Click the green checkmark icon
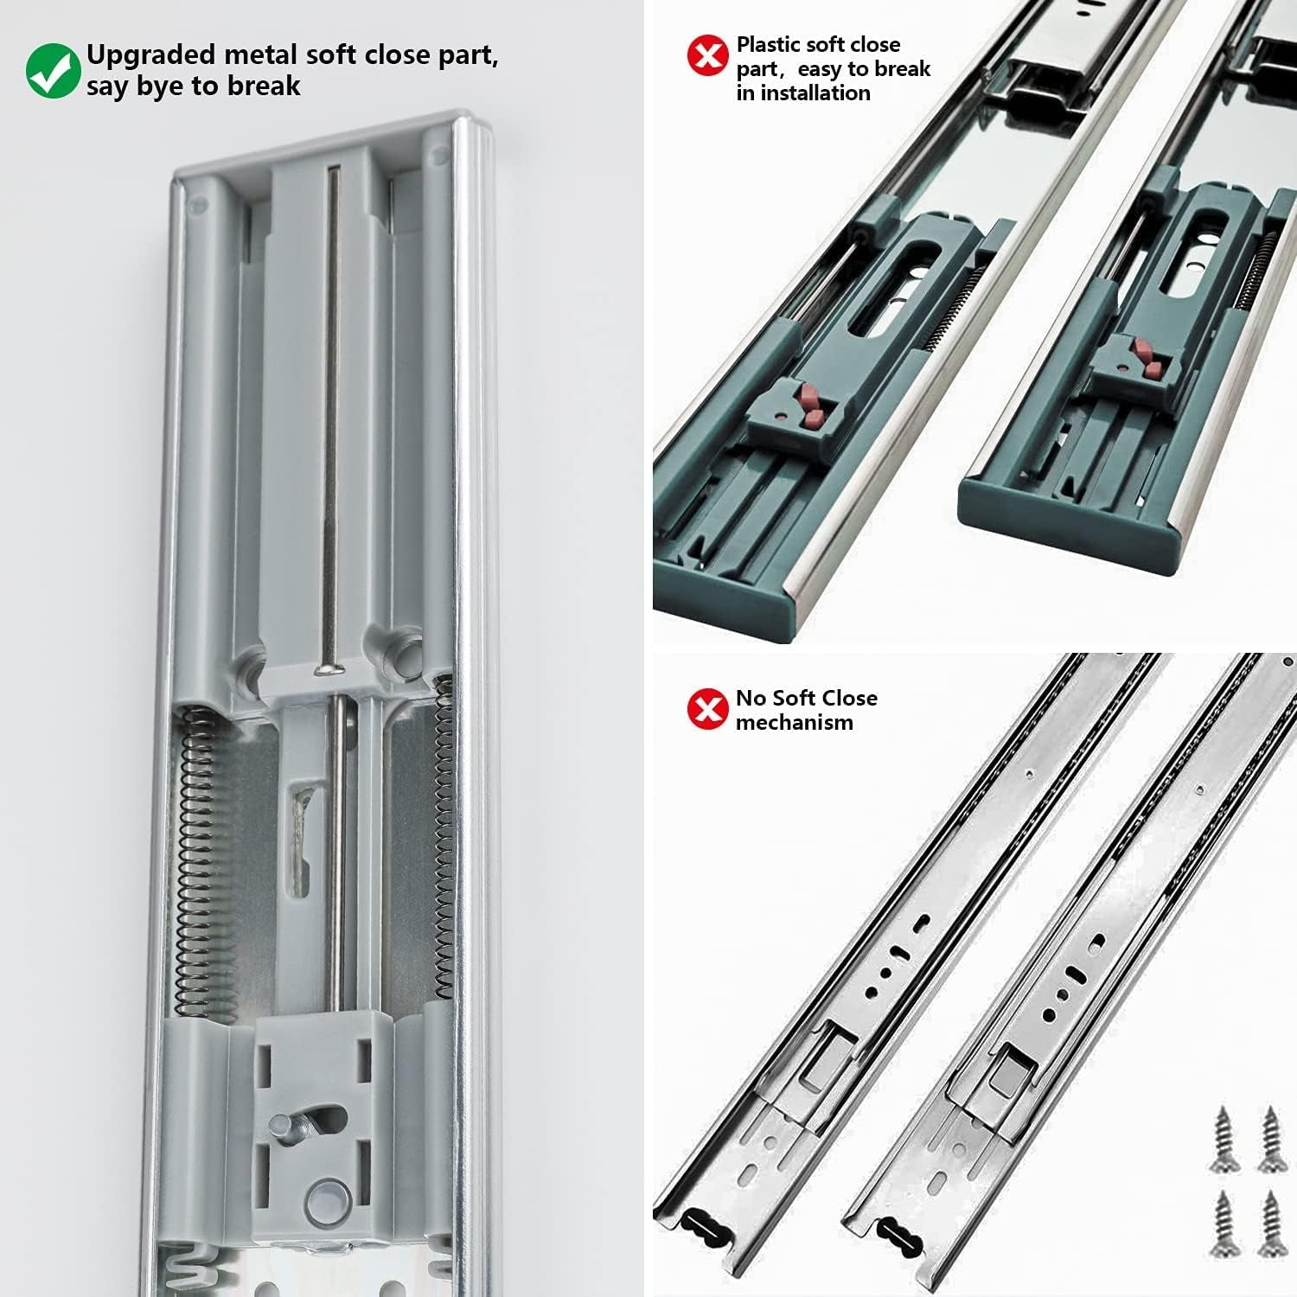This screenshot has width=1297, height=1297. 53,71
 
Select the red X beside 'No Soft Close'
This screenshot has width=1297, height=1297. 708,709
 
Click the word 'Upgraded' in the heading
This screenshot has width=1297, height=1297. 150,55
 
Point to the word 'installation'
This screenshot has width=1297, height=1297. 815,93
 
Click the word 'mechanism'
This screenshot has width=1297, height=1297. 794,722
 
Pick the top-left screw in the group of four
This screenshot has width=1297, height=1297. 1224,1139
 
